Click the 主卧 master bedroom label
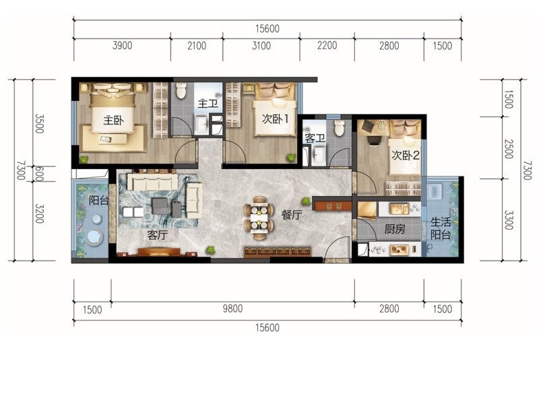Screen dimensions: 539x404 [x=113, y=121]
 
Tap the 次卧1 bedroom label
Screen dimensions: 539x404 [x=275, y=119]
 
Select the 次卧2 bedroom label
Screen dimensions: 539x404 [x=406, y=156]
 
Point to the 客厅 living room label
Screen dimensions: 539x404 [x=158, y=235]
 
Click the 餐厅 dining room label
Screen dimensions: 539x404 [x=292, y=215]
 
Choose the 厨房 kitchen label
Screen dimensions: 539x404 [x=395, y=228]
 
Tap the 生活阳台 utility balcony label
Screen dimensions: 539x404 [x=441, y=228]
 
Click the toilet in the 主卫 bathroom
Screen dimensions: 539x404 [x=181, y=90]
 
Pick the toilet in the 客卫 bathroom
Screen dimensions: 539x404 [x=340, y=127]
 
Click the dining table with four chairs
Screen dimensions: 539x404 [x=259, y=217]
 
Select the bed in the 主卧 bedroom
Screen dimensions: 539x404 [x=112, y=108]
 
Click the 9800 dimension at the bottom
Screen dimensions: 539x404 [x=232, y=308]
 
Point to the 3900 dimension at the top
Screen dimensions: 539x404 [x=122, y=45]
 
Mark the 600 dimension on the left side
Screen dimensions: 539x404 [x=39, y=174]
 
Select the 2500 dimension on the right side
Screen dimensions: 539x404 [x=509, y=149]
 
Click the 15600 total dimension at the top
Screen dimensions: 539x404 [x=267, y=28]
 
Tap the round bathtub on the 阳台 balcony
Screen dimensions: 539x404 [x=94, y=237]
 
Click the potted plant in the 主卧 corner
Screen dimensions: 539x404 [x=84, y=159]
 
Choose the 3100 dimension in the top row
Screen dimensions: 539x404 [x=261, y=45]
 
